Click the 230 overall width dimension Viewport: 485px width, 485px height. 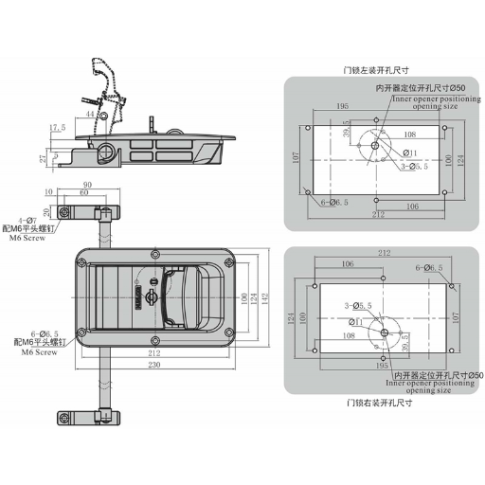click(154, 366)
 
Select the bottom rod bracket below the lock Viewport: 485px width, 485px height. click(85, 417)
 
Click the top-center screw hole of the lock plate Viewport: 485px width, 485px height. click(154, 256)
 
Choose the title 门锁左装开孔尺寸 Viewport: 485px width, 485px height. click(377, 69)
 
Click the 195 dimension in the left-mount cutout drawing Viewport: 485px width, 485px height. click(340, 107)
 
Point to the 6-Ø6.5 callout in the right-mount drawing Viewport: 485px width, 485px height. click(429, 268)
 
